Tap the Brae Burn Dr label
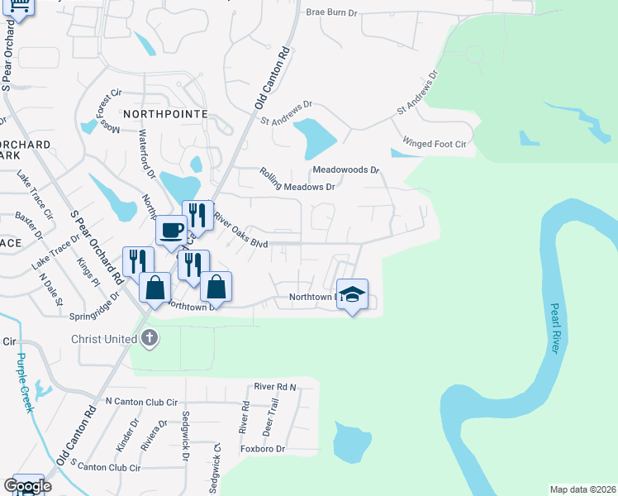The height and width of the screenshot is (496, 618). pos(331,12)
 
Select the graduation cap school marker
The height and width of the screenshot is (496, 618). pos(353,295)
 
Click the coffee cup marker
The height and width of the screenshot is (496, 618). pos(171,230)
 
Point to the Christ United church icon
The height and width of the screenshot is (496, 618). pos(149,337)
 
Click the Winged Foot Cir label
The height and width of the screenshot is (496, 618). pos(435,144)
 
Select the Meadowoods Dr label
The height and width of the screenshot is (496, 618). pos(345,169)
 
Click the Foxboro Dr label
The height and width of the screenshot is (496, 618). pos(262,449)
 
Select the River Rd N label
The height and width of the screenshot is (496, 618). pos(274,386)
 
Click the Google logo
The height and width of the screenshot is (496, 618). pos(26,486)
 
